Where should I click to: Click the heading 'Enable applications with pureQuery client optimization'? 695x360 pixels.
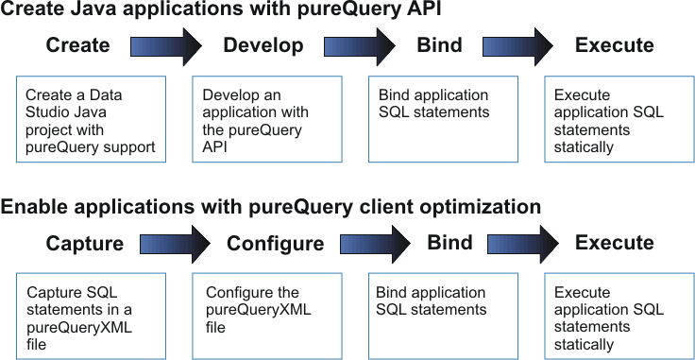[x=271, y=207]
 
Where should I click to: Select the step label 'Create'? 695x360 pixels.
[x=77, y=45]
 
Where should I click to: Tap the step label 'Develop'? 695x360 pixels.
[x=263, y=45]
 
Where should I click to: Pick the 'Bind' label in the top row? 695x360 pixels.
[x=439, y=45]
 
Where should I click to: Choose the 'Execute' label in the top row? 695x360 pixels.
[x=614, y=45]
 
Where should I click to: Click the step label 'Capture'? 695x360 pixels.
[x=85, y=244]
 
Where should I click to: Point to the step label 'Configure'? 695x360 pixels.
[x=275, y=244]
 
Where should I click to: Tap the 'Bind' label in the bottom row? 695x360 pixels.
[x=449, y=242]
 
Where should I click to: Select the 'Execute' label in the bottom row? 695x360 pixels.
[x=614, y=243]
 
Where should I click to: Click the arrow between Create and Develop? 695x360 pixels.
[x=166, y=46]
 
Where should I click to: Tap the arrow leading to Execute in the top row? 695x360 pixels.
[x=517, y=46]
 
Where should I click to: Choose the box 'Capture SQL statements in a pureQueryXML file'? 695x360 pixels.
[x=92, y=317]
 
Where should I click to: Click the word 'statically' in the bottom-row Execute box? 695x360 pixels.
[x=584, y=345]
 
